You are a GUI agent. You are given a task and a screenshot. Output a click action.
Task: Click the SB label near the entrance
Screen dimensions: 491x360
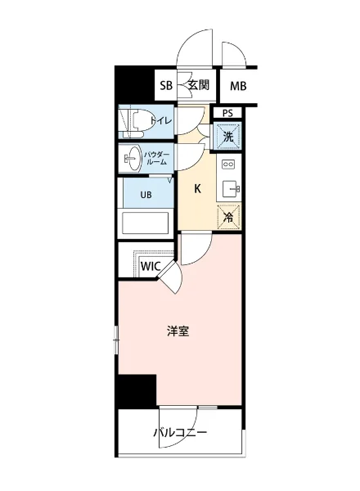click(166, 86)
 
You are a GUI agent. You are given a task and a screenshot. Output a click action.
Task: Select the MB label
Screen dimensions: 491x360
click(238, 86)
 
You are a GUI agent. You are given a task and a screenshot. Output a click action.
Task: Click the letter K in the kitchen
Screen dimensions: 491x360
click(198, 189)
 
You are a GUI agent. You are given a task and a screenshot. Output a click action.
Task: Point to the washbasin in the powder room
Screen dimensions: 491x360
click(132, 157)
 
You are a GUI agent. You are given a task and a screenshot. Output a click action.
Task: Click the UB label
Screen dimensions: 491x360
click(145, 195)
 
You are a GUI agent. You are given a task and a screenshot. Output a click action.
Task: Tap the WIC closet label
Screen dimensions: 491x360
click(150, 266)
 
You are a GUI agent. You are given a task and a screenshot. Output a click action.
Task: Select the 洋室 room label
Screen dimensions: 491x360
click(179, 331)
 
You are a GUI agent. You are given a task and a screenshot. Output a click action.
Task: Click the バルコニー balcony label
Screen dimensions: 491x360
click(180, 433)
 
